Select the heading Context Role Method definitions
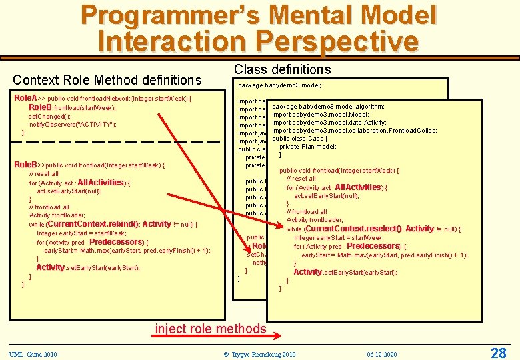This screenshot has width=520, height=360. (x=107, y=80)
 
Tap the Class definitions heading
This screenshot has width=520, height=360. (x=282, y=69)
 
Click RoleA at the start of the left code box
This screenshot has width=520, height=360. (x=26, y=98)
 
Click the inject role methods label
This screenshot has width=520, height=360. (x=211, y=328)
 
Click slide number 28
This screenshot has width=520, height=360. (x=498, y=352)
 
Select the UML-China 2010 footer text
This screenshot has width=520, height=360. (x=33, y=353)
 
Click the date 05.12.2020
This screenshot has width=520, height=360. (x=382, y=353)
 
